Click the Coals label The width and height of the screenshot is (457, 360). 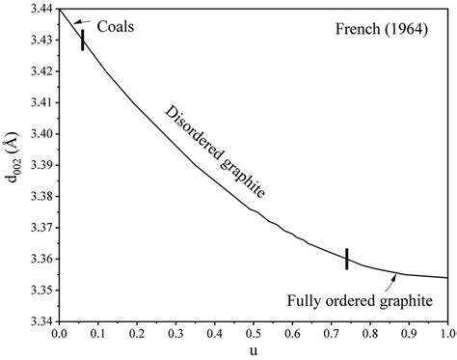tap(116, 26)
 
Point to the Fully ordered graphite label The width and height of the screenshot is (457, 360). tap(357, 301)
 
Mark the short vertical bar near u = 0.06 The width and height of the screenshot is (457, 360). tap(83, 40)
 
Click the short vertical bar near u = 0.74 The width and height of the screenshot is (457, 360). tap(346, 259)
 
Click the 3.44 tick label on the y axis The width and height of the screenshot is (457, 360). tap(40, 9)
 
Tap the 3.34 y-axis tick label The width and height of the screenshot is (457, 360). tap(40, 320)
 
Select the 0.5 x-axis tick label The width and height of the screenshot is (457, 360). tap(253, 334)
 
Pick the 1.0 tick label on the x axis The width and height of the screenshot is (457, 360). tap(446, 334)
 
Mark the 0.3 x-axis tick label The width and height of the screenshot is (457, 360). tap(175, 334)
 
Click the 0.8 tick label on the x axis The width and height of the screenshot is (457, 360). tap(369, 334)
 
